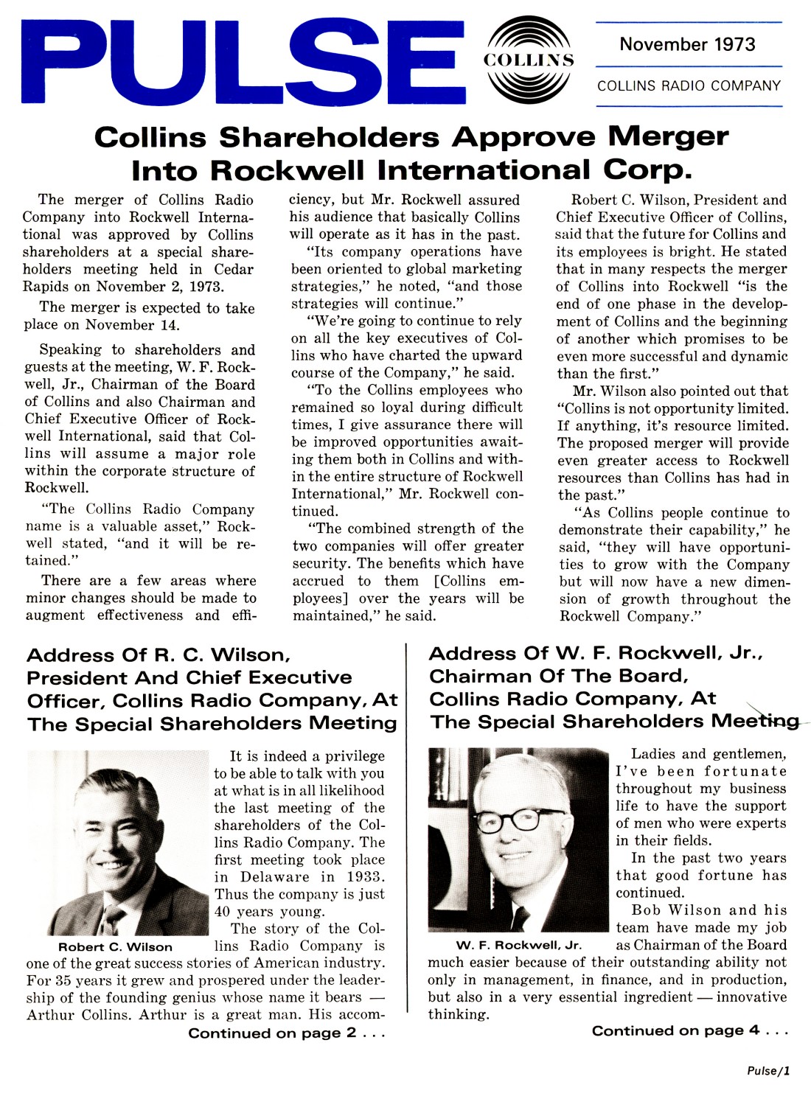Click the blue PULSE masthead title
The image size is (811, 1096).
[243, 63]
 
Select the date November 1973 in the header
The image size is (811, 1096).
[687, 44]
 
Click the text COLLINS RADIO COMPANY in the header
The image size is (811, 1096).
[689, 86]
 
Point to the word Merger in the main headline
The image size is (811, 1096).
[668, 137]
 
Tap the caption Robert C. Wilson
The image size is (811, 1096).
[115, 947]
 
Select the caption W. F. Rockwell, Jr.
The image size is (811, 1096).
[518, 945]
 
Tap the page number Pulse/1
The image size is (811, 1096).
[768, 1071]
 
